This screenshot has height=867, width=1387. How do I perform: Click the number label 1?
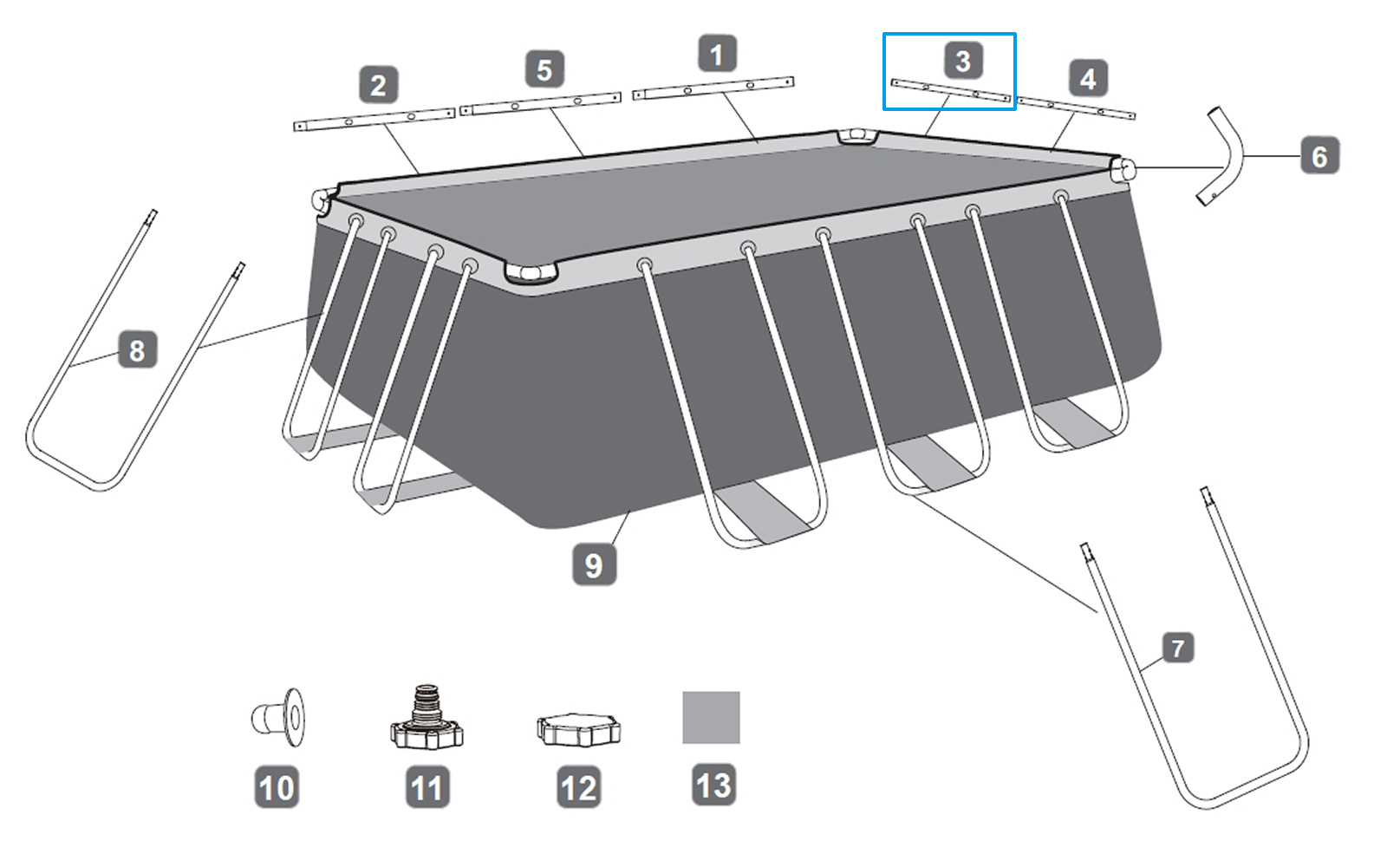click(x=717, y=55)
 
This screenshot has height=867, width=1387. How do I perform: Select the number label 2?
click(x=378, y=86)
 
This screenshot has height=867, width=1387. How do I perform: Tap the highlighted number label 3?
click(x=962, y=61)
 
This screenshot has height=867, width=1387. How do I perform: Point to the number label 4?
click(x=1087, y=79)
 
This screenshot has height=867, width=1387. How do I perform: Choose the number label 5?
click(x=544, y=69)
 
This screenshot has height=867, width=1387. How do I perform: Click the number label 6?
click(x=1319, y=157)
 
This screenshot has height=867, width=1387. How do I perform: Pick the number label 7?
click(x=1177, y=648)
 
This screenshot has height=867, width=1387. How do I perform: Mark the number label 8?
click(x=137, y=350)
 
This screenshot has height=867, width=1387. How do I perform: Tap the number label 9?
click(x=594, y=565)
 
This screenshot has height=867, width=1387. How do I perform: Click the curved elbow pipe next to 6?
click(x=1223, y=156)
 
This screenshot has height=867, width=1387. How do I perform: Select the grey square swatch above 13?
click(x=711, y=717)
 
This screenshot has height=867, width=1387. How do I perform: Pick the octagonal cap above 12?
click(x=578, y=730)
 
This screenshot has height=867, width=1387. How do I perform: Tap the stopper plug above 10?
click(x=280, y=718)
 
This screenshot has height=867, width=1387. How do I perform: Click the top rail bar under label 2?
click(x=374, y=120)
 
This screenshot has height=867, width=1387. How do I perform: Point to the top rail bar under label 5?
click(x=540, y=104)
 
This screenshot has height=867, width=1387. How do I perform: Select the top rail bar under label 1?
click(x=713, y=88)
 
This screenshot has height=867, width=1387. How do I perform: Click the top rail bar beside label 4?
click(x=1075, y=108)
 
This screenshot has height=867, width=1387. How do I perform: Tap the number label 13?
click(x=713, y=786)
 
